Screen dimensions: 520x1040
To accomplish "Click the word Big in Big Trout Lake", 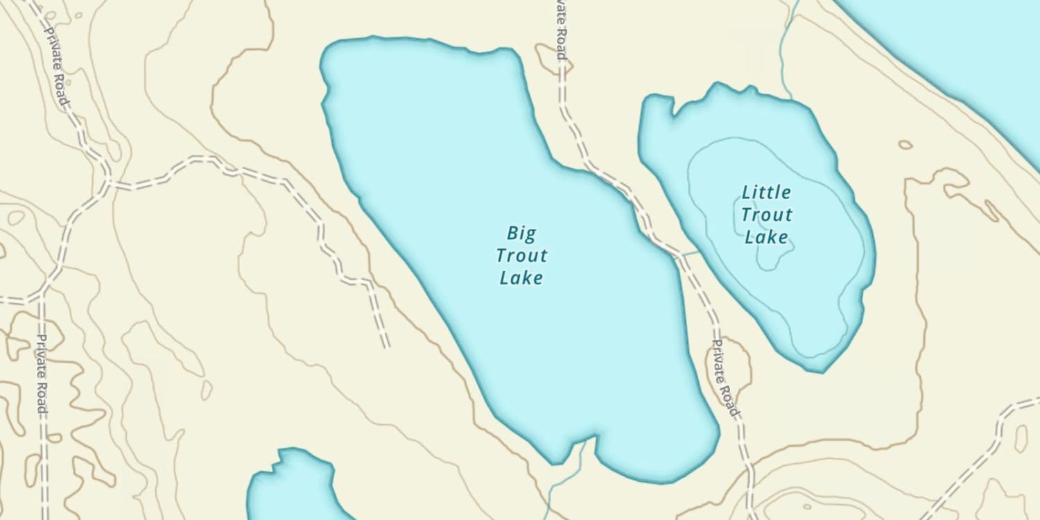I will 521,234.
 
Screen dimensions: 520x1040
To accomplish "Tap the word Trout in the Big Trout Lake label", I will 521,256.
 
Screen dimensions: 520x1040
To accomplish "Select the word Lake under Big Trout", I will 521,278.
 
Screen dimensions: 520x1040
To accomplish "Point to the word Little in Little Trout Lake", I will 766,192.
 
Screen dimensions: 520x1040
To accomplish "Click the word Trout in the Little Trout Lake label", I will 766,214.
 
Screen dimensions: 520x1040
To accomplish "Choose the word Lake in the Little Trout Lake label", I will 766,237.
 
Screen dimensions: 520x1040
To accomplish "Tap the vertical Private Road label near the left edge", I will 42,374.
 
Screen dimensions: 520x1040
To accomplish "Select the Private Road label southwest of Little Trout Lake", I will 725,378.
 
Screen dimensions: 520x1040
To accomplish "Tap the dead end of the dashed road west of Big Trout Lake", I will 385,345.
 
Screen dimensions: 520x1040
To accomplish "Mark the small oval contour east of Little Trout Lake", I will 905,145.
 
